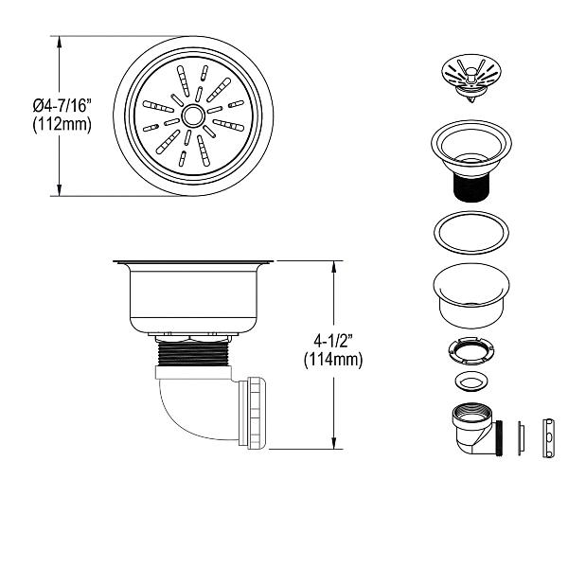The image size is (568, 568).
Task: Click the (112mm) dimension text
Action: click(x=62, y=125)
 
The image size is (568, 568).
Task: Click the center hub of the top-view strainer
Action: click(x=193, y=115)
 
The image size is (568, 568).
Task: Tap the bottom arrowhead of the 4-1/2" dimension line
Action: click(x=333, y=445)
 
